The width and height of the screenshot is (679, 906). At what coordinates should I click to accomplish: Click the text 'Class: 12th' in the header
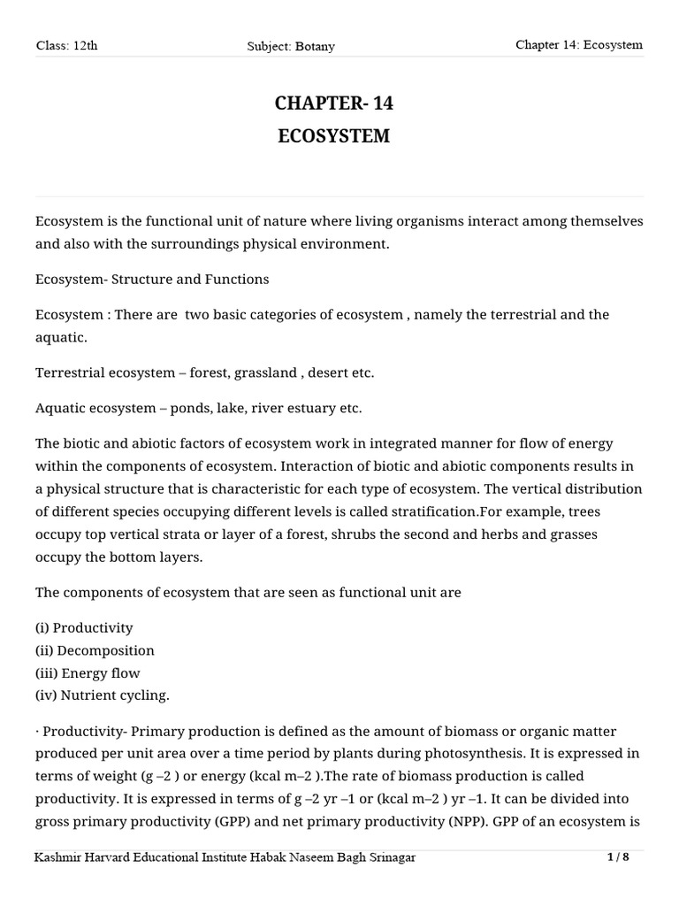(x=66, y=46)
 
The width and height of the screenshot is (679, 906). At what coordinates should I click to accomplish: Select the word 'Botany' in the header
(x=317, y=46)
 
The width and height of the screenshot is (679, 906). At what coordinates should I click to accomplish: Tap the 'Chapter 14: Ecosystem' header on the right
(x=579, y=45)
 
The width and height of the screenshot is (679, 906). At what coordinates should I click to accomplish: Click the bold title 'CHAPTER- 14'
(x=333, y=104)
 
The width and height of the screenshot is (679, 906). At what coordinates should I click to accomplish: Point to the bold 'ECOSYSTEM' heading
(x=333, y=137)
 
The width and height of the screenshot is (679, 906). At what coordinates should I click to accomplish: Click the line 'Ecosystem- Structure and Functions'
(x=152, y=279)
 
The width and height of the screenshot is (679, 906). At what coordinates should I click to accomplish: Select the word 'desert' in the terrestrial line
(x=325, y=372)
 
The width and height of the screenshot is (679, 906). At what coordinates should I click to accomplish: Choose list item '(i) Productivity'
(x=84, y=627)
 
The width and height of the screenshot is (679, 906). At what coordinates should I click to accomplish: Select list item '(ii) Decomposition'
(x=95, y=650)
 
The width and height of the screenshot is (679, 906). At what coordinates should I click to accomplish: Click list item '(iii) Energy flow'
(x=88, y=672)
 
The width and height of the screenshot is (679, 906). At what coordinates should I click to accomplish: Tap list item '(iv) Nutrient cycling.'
(x=102, y=695)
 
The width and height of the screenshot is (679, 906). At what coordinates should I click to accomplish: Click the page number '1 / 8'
(x=620, y=857)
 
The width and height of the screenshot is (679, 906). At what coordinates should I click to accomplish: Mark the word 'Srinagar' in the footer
(x=385, y=858)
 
